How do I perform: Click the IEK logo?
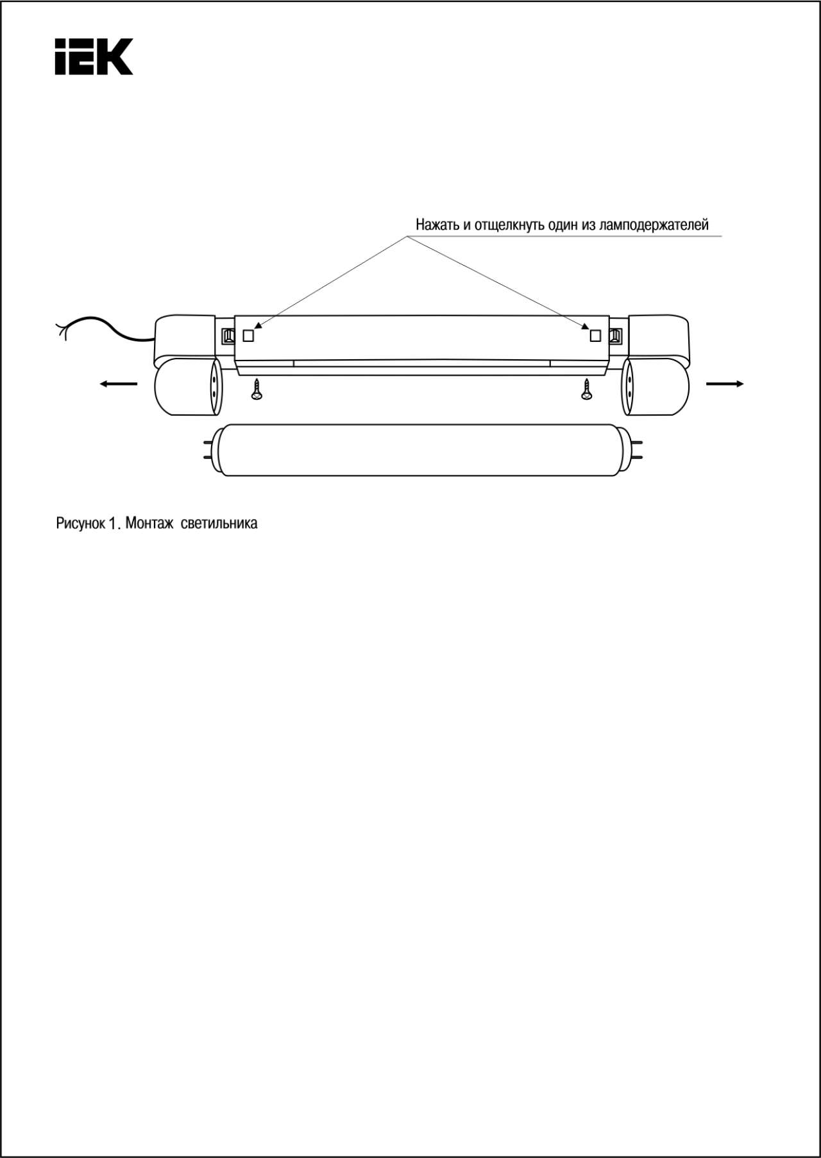click(94, 56)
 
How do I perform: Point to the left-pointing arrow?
click(119, 384)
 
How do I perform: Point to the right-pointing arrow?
click(725, 384)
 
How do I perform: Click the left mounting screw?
click(257, 389)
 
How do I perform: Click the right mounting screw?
click(586, 389)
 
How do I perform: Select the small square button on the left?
click(248, 335)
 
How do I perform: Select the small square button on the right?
click(595, 335)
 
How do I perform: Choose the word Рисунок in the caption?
click(81, 524)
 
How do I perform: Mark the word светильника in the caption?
click(219, 524)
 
